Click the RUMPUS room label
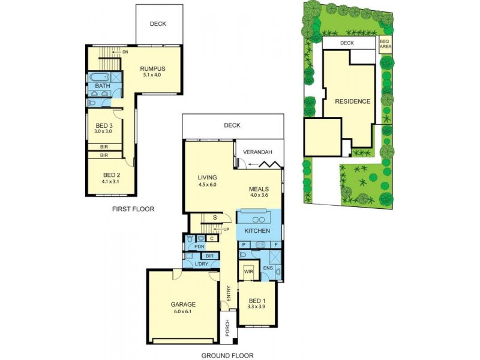click(x=153, y=68)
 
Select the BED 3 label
click(x=104, y=125)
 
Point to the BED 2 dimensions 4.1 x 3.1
click(x=112, y=181)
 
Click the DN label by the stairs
click(x=125, y=52)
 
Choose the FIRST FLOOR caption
click(x=133, y=209)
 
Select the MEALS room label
click(x=260, y=188)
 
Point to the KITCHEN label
click(x=257, y=231)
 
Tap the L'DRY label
click(x=201, y=264)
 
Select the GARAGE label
click(x=183, y=304)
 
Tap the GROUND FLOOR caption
click(x=227, y=355)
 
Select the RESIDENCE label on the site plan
click(x=353, y=101)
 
